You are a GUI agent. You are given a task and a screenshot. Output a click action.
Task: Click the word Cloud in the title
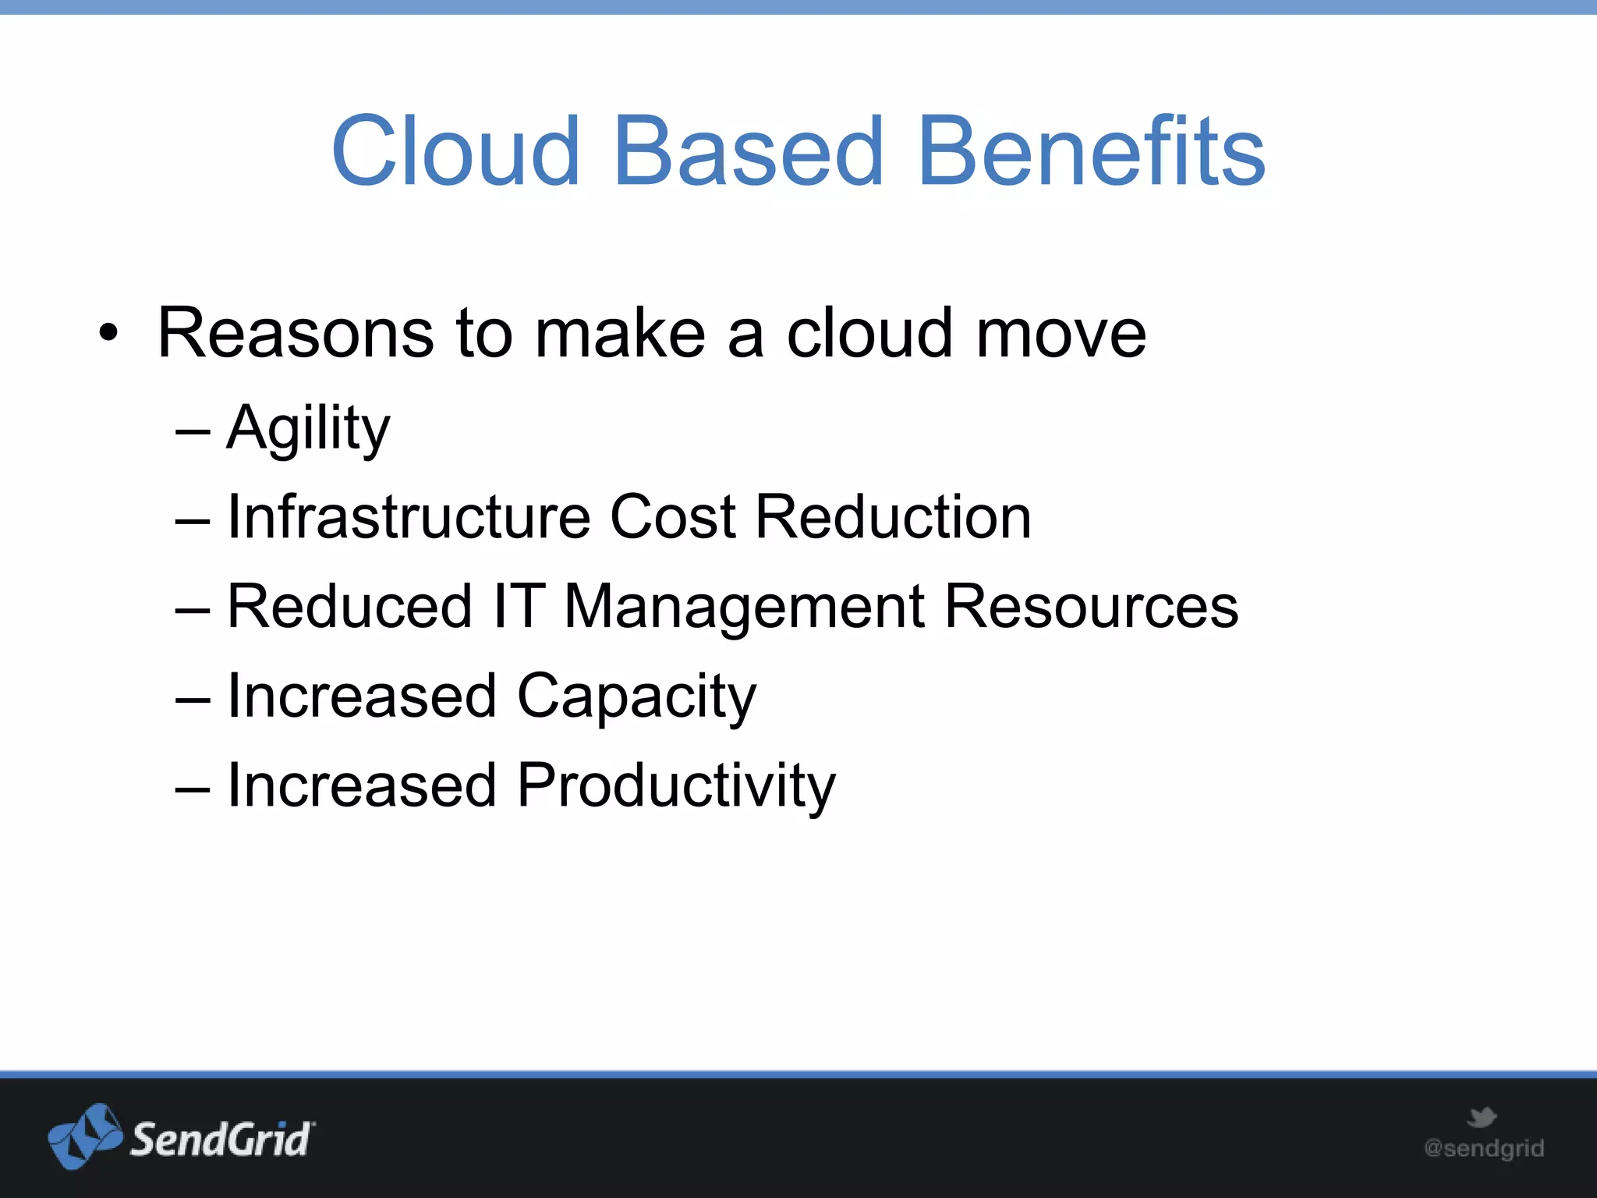click(x=456, y=151)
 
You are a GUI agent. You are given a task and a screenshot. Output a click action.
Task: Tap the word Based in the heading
click(x=749, y=151)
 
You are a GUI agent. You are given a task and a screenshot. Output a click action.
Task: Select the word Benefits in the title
click(x=1092, y=151)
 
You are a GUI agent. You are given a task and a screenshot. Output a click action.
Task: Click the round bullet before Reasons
click(x=109, y=334)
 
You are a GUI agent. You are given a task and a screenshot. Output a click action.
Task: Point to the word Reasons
click(x=295, y=334)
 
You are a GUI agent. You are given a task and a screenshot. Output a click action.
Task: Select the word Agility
click(x=308, y=429)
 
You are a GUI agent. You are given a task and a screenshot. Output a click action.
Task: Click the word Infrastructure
click(x=409, y=517)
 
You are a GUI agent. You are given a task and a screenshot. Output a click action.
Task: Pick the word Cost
click(x=672, y=517)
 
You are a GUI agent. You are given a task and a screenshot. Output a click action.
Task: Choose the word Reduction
click(x=894, y=517)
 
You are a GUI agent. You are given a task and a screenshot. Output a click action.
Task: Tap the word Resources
click(x=1091, y=607)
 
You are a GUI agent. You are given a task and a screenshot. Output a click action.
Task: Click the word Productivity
click(x=676, y=786)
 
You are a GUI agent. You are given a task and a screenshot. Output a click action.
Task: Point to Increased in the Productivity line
click(x=362, y=786)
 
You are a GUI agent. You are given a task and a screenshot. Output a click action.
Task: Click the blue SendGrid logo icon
click(x=85, y=1136)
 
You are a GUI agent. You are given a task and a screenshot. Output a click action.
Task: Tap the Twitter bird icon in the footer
click(x=1482, y=1117)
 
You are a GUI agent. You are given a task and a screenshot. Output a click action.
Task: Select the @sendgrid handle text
click(x=1484, y=1148)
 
